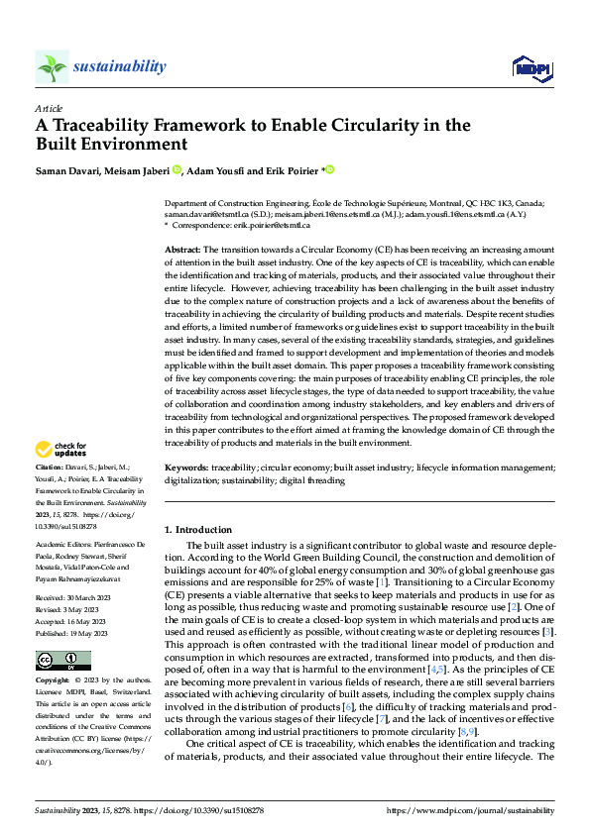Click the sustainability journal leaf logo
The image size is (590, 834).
tap(52, 67)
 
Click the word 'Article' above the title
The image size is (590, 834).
tap(49, 108)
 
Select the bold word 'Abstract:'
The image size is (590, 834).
tap(183, 249)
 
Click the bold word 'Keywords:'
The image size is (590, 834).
tap(186, 466)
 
